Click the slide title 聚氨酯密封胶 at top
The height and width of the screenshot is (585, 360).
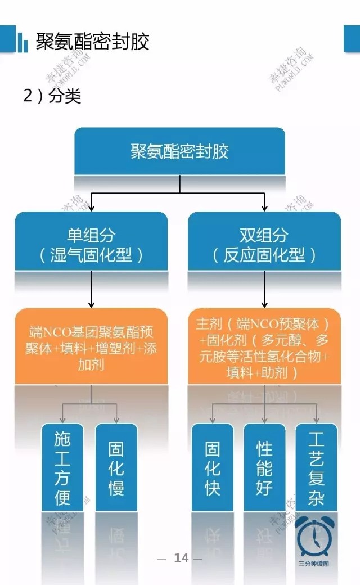(x=92, y=42)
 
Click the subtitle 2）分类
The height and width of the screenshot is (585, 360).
(x=52, y=96)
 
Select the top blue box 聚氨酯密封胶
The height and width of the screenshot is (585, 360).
(x=179, y=151)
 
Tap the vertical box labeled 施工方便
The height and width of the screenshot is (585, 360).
(x=62, y=467)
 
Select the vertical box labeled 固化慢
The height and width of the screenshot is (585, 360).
(x=116, y=467)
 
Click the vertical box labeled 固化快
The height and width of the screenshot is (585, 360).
(x=212, y=467)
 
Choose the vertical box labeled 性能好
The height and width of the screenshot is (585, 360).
(x=264, y=467)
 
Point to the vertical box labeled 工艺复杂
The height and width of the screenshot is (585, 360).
(x=316, y=467)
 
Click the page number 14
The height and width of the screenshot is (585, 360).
(x=181, y=558)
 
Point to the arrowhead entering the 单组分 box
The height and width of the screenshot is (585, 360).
(x=91, y=208)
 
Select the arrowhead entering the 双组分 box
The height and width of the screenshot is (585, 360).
(x=264, y=208)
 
